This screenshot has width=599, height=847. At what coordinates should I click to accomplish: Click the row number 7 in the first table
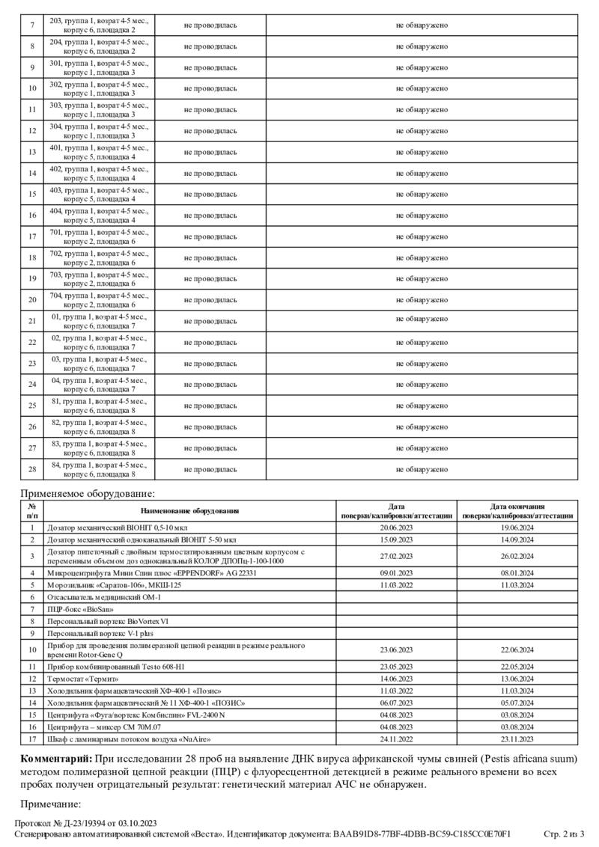[32, 25]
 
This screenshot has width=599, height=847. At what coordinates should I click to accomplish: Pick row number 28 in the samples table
[32, 469]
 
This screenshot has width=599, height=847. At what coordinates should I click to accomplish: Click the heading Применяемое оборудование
[88, 493]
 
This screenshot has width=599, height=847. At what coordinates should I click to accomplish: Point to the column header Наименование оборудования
[189, 511]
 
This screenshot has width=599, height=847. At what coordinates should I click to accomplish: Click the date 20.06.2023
[396, 528]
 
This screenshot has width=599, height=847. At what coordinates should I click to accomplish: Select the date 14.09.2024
[517, 539]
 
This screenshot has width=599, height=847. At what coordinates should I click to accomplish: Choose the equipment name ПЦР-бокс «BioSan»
[76, 609]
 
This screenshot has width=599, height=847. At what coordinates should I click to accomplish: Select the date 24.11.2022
[396, 739]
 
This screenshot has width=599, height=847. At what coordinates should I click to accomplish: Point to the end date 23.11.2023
[517, 739]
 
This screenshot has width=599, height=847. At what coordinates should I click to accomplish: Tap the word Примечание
[50, 804]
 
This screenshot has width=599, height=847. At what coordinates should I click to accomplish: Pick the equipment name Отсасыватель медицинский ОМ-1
[104, 597]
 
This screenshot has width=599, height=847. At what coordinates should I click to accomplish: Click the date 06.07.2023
[396, 703]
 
